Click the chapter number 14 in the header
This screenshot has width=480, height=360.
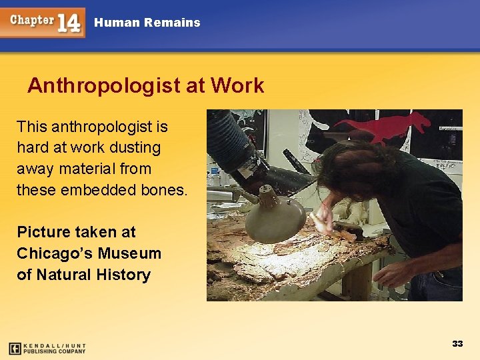[69, 23]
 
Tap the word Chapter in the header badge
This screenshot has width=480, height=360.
[31, 19]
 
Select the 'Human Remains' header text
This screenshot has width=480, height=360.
[147, 23]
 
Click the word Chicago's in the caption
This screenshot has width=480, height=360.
[55, 253]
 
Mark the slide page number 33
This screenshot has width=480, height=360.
[457, 344]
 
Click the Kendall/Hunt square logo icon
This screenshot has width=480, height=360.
[15, 348]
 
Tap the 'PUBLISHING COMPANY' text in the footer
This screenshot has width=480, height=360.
[55, 351]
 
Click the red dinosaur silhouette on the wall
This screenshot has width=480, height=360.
[387, 126]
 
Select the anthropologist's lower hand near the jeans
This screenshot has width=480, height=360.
[391, 274]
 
